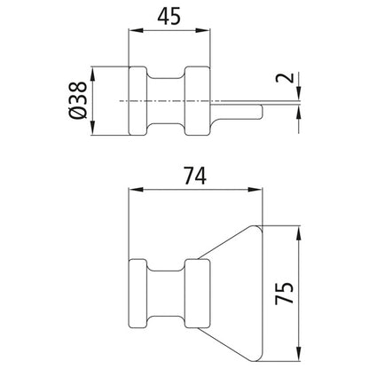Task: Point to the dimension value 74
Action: pos(197,177)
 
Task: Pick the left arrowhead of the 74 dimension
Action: pos(135,189)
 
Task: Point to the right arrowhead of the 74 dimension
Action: pos(259,189)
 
